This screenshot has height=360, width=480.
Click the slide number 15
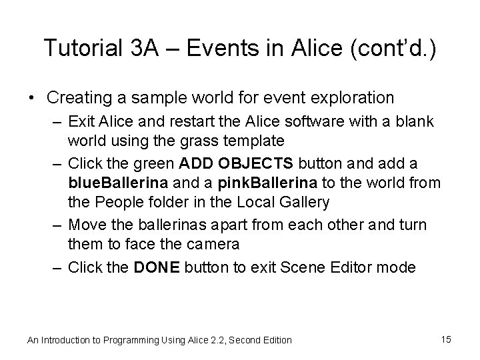(x=446, y=339)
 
